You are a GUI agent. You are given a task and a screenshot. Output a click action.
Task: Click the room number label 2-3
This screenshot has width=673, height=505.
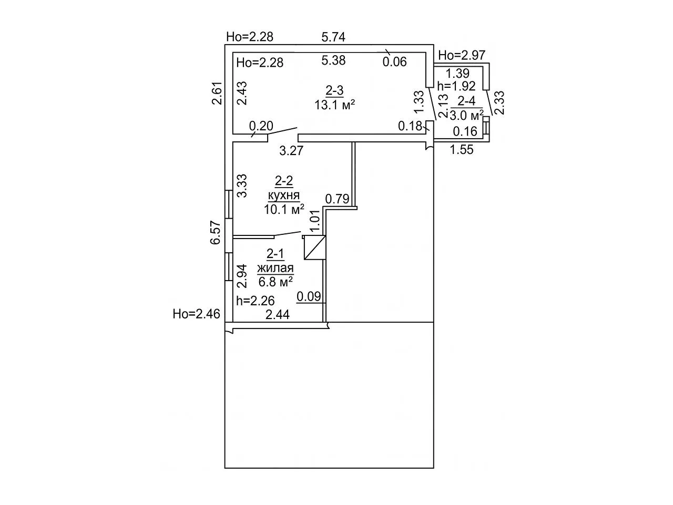[334, 90]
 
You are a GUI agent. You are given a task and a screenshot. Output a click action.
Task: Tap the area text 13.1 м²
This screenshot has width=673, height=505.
[334, 105]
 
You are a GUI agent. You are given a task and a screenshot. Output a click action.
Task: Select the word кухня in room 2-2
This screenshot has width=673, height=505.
[284, 195]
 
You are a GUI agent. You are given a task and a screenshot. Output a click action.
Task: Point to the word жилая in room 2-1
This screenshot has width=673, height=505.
[276, 268]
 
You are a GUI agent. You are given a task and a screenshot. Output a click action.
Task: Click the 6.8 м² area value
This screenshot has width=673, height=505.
[276, 281]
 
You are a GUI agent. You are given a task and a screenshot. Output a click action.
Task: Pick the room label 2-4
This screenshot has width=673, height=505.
[466, 101]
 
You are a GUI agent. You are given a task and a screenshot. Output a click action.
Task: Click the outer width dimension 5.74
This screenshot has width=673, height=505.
[333, 37]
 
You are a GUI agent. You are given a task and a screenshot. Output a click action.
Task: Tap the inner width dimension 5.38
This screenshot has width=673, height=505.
[333, 60]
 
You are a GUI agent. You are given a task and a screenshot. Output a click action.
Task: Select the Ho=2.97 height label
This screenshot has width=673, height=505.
[462, 56]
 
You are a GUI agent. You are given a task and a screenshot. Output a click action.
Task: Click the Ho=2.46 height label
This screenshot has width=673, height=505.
[197, 314]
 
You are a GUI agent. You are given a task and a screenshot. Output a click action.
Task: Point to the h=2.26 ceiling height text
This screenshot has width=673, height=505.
[256, 301]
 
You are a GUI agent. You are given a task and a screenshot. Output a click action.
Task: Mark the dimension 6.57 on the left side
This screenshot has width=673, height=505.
[216, 232]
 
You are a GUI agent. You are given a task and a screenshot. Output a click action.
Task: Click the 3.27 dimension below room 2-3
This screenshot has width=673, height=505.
[291, 150]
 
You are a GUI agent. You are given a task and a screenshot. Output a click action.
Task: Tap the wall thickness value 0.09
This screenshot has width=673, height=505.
[309, 296]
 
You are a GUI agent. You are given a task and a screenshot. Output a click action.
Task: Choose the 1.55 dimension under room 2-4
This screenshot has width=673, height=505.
[462, 150]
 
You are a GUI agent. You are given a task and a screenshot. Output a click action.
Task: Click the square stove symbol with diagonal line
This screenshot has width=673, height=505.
[314, 248]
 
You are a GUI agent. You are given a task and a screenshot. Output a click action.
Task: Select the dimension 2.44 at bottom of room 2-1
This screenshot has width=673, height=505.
[277, 315]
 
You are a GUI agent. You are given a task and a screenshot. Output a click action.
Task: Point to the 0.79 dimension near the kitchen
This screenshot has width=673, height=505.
[337, 199]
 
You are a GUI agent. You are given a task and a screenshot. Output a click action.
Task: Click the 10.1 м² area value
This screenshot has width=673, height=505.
[284, 210]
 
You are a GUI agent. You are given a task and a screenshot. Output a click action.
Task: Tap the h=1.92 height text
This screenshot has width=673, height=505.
[456, 86]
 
